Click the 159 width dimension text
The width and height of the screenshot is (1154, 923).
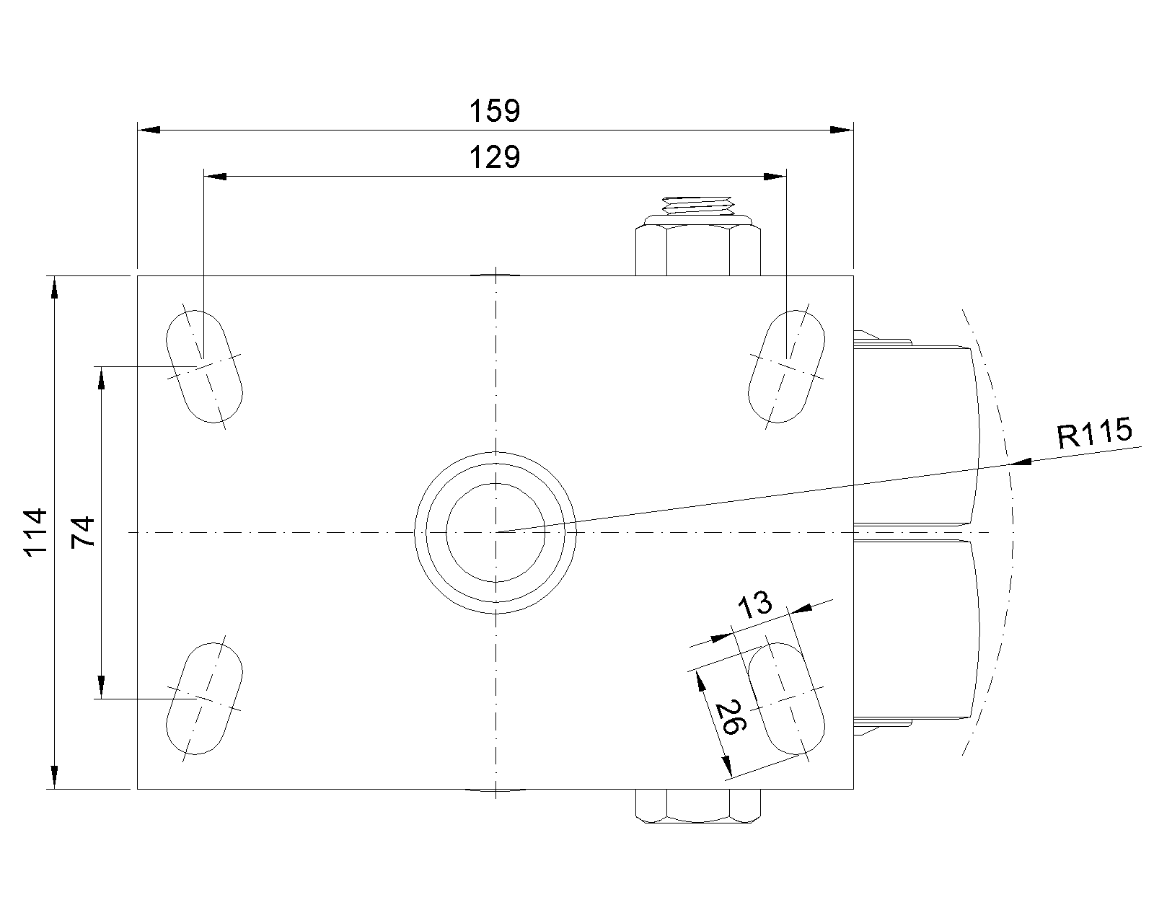(495, 111)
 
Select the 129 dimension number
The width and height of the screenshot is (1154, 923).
(495, 158)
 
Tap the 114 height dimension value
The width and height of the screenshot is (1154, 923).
(36, 533)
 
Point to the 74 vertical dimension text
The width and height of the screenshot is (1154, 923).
(83, 532)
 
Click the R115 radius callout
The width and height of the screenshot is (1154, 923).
(1095, 433)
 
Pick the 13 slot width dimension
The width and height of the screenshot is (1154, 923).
(755, 606)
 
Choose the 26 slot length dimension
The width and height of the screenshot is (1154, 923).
(731, 717)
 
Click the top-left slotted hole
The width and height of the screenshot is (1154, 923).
(204, 366)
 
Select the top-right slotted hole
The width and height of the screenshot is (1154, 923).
(787, 366)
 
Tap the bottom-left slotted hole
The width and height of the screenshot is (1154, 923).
(204, 698)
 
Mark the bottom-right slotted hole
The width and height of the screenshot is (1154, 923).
(787, 698)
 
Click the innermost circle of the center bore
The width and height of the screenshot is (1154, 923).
(495, 533)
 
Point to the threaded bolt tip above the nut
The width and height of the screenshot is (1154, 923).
(697, 206)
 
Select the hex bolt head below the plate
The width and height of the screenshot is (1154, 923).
(698, 805)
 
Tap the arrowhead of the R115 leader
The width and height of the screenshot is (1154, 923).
(1019, 461)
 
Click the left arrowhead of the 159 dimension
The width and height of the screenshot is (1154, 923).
(149, 130)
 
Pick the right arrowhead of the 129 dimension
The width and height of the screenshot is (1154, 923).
(775, 177)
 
